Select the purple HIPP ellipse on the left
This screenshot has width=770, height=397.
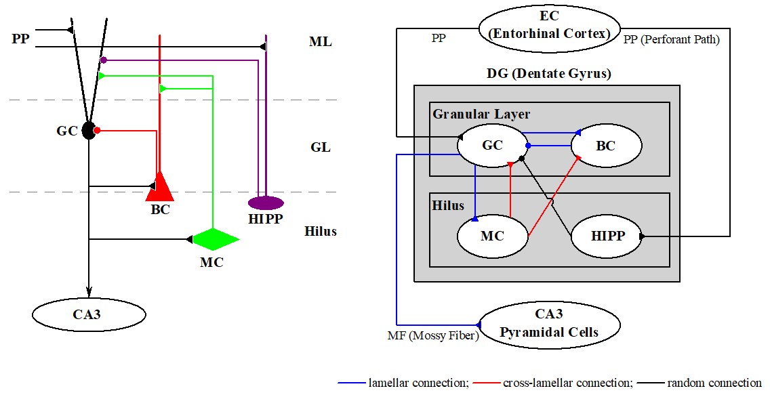point(266,203)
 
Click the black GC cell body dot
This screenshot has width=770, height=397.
point(88,131)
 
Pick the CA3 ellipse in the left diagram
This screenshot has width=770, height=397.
point(89,314)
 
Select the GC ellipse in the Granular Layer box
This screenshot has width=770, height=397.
point(492,144)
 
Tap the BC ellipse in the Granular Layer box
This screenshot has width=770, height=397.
point(606,145)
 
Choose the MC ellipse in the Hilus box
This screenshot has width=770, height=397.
point(492,236)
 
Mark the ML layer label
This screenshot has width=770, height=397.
point(320,42)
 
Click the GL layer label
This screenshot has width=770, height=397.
point(320,147)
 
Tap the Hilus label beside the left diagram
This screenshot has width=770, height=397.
point(321,232)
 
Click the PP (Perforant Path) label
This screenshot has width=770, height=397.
point(671,40)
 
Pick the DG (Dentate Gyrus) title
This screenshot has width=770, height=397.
point(548,74)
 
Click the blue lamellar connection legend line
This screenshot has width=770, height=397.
point(351,383)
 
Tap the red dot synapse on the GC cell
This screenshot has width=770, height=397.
point(98,130)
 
